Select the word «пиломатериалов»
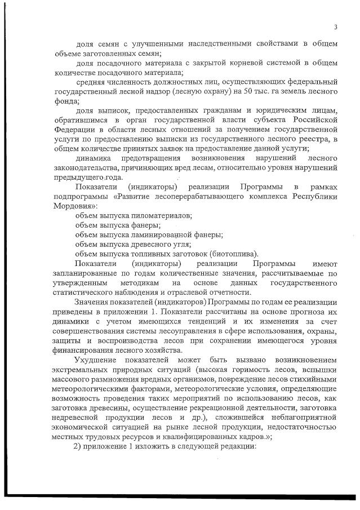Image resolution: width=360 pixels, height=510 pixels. click(x=162, y=216)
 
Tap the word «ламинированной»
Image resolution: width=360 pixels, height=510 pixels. click(x=162, y=234)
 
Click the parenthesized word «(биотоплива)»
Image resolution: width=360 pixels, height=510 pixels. click(x=232, y=254)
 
